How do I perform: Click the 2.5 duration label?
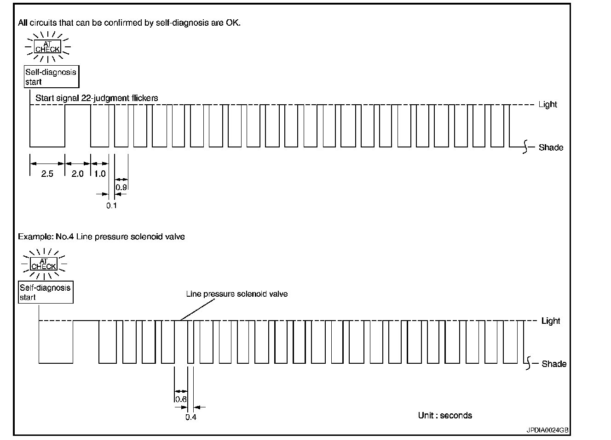pyautogui.click(x=47, y=174)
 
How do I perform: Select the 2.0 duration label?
pyautogui.click(x=77, y=174)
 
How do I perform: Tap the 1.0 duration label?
pyautogui.click(x=100, y=174)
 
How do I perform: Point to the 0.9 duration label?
pyautogui.click(x=121, y=187)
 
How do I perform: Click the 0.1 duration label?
pyautogui.click(x=112, y=205)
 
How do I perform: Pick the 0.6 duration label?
pyautogui.click(x=181, y=399)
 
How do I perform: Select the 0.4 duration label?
pyautogui.click(x=191, y=417)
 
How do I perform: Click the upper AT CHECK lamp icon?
pyautogui.click(x=48, y=47)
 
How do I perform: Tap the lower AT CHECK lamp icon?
pyautogui.click(x=44, y=264)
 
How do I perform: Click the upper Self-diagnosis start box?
pyautogui.click(x=51, y=77)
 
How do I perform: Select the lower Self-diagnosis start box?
pyautogui.click(x=46, y=292)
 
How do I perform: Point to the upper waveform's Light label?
pyautogui.click(x=548, y=104)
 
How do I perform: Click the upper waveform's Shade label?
pyautogui.click(x=551, y=147)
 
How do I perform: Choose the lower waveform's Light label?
pyautogui.click(x=551, y=321)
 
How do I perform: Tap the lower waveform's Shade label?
pyautogui.click(x=554, y=364)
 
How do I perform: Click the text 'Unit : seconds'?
pyautogui.click(x=445, y=415)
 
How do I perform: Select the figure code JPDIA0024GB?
pyautogui.click(x=548, y=430)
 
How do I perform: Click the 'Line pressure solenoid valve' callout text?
pyautogui.click(x=236, y=293)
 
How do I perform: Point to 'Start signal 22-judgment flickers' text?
pyautogui.click(x=97, y=98)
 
